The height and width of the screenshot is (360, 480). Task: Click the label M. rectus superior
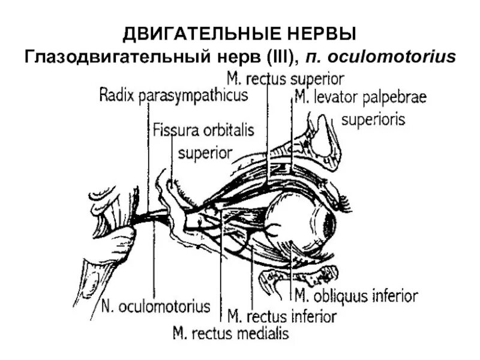coord(285,79)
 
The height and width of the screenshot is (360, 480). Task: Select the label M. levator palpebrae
coord(359,98)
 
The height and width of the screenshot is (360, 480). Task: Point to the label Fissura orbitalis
coord(203,130)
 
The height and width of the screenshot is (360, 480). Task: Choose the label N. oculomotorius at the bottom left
coord(155,307)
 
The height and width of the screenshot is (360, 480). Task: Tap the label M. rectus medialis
coord(230,332)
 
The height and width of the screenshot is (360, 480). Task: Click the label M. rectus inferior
coord(282,314)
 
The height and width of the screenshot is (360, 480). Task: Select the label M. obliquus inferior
coord(357,296)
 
